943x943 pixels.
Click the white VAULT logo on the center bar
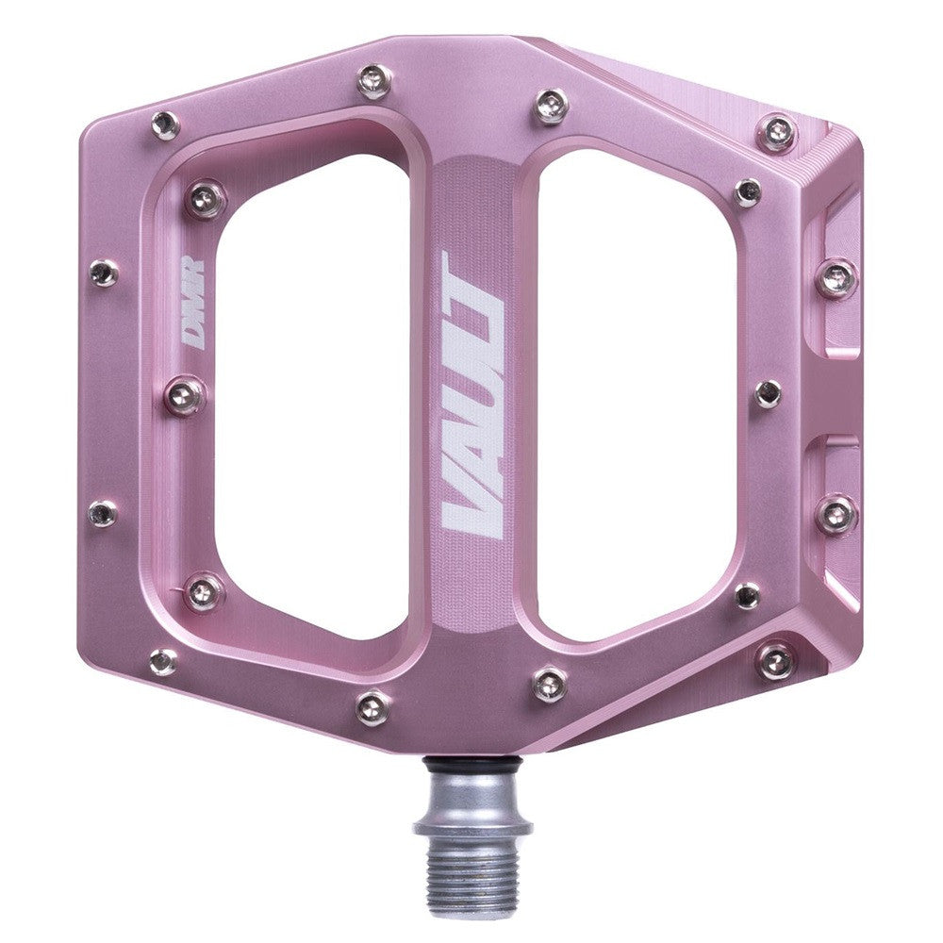pos(474,396)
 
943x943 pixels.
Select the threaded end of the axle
pos(459,869)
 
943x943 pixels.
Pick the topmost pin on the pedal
pos(374,80)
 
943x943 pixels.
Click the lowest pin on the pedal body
pos(374,705)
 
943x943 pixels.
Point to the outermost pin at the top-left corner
pos(165,124)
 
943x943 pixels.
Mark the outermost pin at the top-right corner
pos(777,133)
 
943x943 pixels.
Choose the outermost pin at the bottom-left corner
pos(163,660)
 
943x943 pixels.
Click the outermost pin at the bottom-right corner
pos(776,660)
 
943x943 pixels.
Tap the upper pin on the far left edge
pos(103,273)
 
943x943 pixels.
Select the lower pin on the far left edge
pos(103,513)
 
